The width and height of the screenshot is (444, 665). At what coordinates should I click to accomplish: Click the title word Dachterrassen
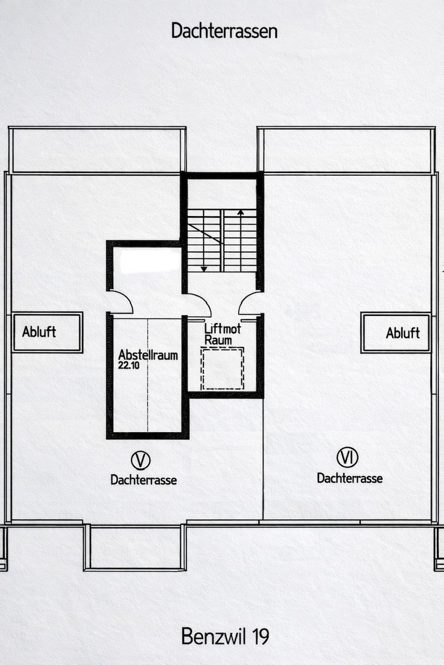(224, 31)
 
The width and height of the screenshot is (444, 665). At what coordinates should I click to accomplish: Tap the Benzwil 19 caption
(225, 636)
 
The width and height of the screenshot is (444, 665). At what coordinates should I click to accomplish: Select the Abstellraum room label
(148, 355)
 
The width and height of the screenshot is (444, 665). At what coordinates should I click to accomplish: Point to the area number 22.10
(128, 365)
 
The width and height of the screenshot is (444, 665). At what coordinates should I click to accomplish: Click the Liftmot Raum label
(223, 334)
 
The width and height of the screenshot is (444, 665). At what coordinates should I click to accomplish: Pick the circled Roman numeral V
(140, 460)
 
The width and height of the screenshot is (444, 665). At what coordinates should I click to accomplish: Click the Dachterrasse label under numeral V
(144, 480)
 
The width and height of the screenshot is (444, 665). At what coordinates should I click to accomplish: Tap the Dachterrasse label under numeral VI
(350, 478)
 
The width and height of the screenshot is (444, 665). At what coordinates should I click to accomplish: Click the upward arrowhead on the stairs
(240, 213)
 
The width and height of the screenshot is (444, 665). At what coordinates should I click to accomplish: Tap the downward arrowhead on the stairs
(204, 269)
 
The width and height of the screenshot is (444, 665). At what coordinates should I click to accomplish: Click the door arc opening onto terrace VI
(243, 298)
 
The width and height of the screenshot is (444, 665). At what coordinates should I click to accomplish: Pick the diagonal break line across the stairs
(206, 234)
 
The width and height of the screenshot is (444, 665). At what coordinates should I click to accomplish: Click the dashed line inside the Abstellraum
(148, 376)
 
